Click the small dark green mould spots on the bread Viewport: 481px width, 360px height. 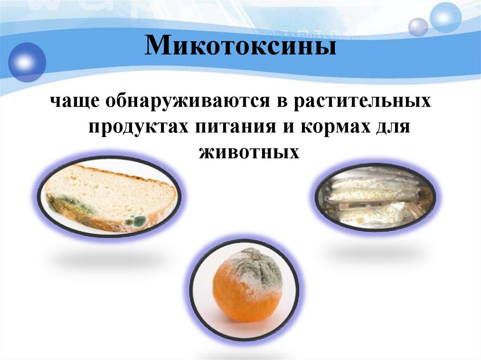point(137,219)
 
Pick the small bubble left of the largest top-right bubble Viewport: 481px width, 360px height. point(418,27)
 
